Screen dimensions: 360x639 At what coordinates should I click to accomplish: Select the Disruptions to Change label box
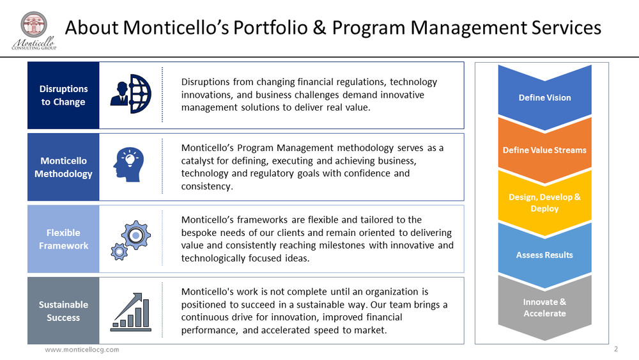click(63, 95)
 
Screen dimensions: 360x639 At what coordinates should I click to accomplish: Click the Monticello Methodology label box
click(63, 167)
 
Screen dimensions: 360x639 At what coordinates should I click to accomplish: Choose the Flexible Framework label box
click(63, 239)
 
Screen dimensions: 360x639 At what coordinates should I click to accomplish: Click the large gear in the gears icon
click(135, 236)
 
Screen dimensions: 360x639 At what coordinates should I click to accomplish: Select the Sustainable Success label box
click(63, 311)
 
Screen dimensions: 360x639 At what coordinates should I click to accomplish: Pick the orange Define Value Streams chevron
click(544, 150)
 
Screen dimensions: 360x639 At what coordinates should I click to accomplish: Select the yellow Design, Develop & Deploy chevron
click(544, 203)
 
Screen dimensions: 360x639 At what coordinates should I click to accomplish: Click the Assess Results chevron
click(544, 255)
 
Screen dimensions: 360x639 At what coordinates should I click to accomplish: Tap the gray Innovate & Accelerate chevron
click(544, 308)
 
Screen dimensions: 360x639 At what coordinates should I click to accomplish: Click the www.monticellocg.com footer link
click(81, 350)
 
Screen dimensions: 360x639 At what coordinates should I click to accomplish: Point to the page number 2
click(616, 349)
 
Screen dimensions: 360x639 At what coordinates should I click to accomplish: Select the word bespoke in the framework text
click(201, 233)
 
